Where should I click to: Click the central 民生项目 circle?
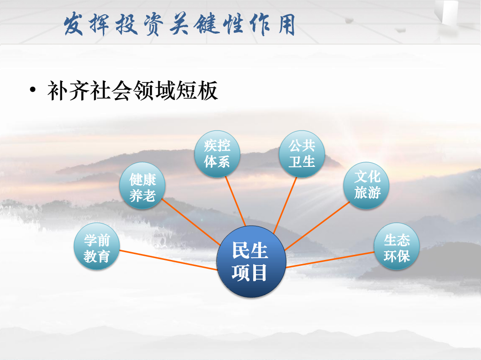[251, 261]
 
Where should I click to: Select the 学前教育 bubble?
[97, 246]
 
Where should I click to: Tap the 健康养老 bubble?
[143, 185]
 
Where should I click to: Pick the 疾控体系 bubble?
[217, 153]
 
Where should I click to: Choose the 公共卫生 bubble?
[302, 153]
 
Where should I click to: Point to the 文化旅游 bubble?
[366, 185]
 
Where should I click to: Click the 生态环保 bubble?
[397, 246]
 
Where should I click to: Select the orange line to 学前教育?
[168, 260]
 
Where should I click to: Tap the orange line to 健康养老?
[190, 222]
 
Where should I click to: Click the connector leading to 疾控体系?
[236, 201]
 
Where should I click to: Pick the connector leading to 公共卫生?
[285, 205]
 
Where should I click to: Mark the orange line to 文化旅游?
[317, 226]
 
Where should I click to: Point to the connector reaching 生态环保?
[330, 260]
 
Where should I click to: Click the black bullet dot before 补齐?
[33, 90]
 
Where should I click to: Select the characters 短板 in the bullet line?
[197, 90]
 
